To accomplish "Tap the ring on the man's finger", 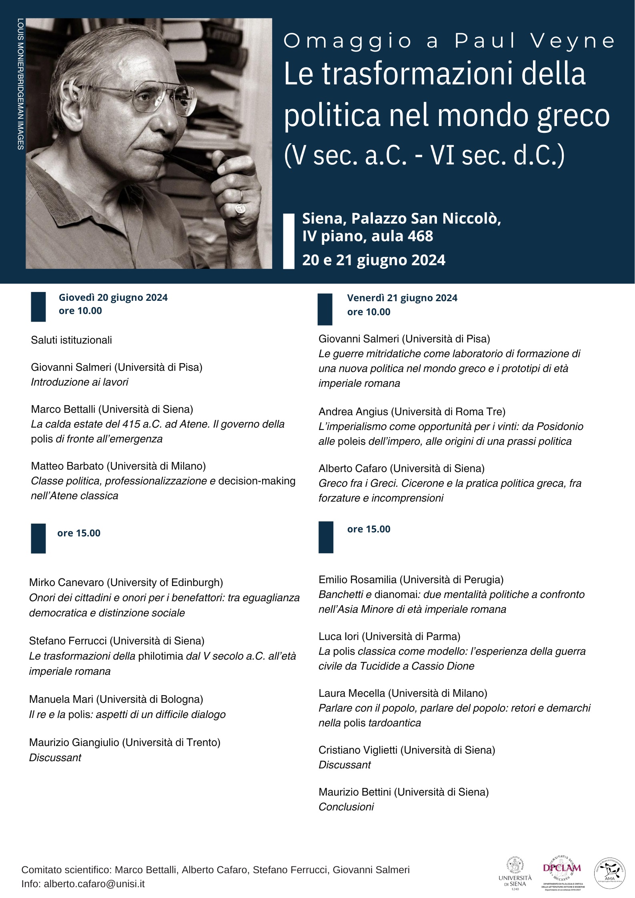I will [240, 208].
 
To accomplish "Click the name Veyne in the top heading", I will [573, 41].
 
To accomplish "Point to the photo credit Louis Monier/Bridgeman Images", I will [20, 84].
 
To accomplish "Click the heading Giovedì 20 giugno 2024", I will [113, 298].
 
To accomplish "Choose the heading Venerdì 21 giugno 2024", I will [402, 298].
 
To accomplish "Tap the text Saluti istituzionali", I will [71, 340].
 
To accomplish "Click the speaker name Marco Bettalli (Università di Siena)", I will [112, 409].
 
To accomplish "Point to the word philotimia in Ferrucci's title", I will [160, 656].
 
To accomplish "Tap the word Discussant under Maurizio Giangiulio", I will [55, 758].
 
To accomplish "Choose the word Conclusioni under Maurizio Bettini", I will [346, 807].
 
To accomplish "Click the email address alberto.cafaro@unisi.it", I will [94, 884].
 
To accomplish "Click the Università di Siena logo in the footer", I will [515, 874].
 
